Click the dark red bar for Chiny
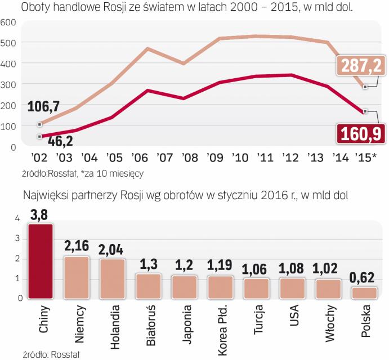pyautogui.click(x=41, y=261)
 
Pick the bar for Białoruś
pyautogui.click(x=149, y=286)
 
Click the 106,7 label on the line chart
pyautogui.click(x=43, y=107)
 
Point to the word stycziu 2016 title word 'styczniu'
pyautogui.click(x=250, y=195)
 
